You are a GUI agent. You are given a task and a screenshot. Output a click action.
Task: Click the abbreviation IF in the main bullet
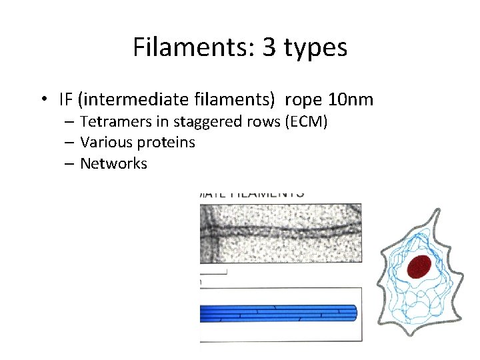coord(65,100)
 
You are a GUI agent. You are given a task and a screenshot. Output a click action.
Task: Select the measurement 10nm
coord(351,100)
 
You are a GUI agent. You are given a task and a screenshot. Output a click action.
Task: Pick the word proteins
coord(165,143)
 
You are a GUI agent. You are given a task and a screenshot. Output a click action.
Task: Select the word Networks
coord(113,163)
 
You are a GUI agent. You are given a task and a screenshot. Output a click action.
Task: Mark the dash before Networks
coord(70,163)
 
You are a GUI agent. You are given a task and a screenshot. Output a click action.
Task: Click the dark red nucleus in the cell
coord(419,266)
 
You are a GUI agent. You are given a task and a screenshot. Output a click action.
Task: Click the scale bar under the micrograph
coord(213,272)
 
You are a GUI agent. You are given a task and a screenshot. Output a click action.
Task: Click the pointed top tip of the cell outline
coord(438,211)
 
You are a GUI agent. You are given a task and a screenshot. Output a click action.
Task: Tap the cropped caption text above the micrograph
coord(252,194)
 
